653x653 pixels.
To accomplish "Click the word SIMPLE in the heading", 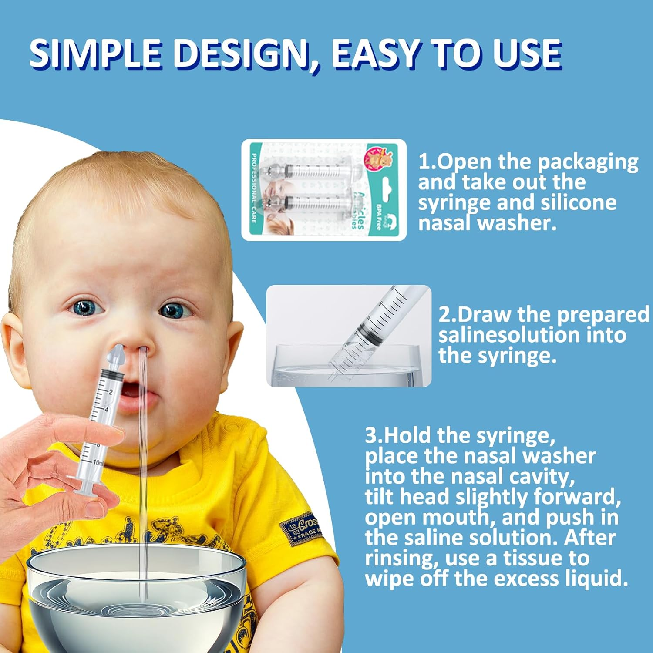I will pos(95,54).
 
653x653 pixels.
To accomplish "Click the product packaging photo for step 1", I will pos(324,190).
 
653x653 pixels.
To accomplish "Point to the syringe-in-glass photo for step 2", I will pos(349,336).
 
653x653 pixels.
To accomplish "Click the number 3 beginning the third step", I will pos(371,435).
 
